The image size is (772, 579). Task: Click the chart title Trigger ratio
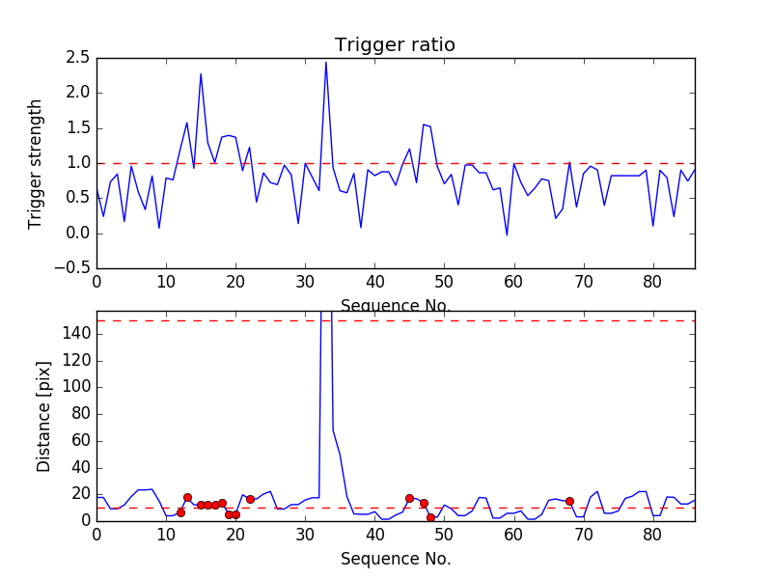395,45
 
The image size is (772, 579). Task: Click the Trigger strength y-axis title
36,163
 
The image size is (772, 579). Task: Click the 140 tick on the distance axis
77,334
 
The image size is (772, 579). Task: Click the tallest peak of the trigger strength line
326,63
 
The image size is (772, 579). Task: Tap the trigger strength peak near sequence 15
201,74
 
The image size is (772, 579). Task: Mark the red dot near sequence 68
569,501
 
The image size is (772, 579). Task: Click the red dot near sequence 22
250,499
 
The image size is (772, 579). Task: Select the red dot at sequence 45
409,498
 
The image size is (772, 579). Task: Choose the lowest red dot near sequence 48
430,517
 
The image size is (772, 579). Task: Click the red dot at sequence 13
187,497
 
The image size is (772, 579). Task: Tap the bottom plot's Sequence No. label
396,559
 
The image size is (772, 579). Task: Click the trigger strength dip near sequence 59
507,234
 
